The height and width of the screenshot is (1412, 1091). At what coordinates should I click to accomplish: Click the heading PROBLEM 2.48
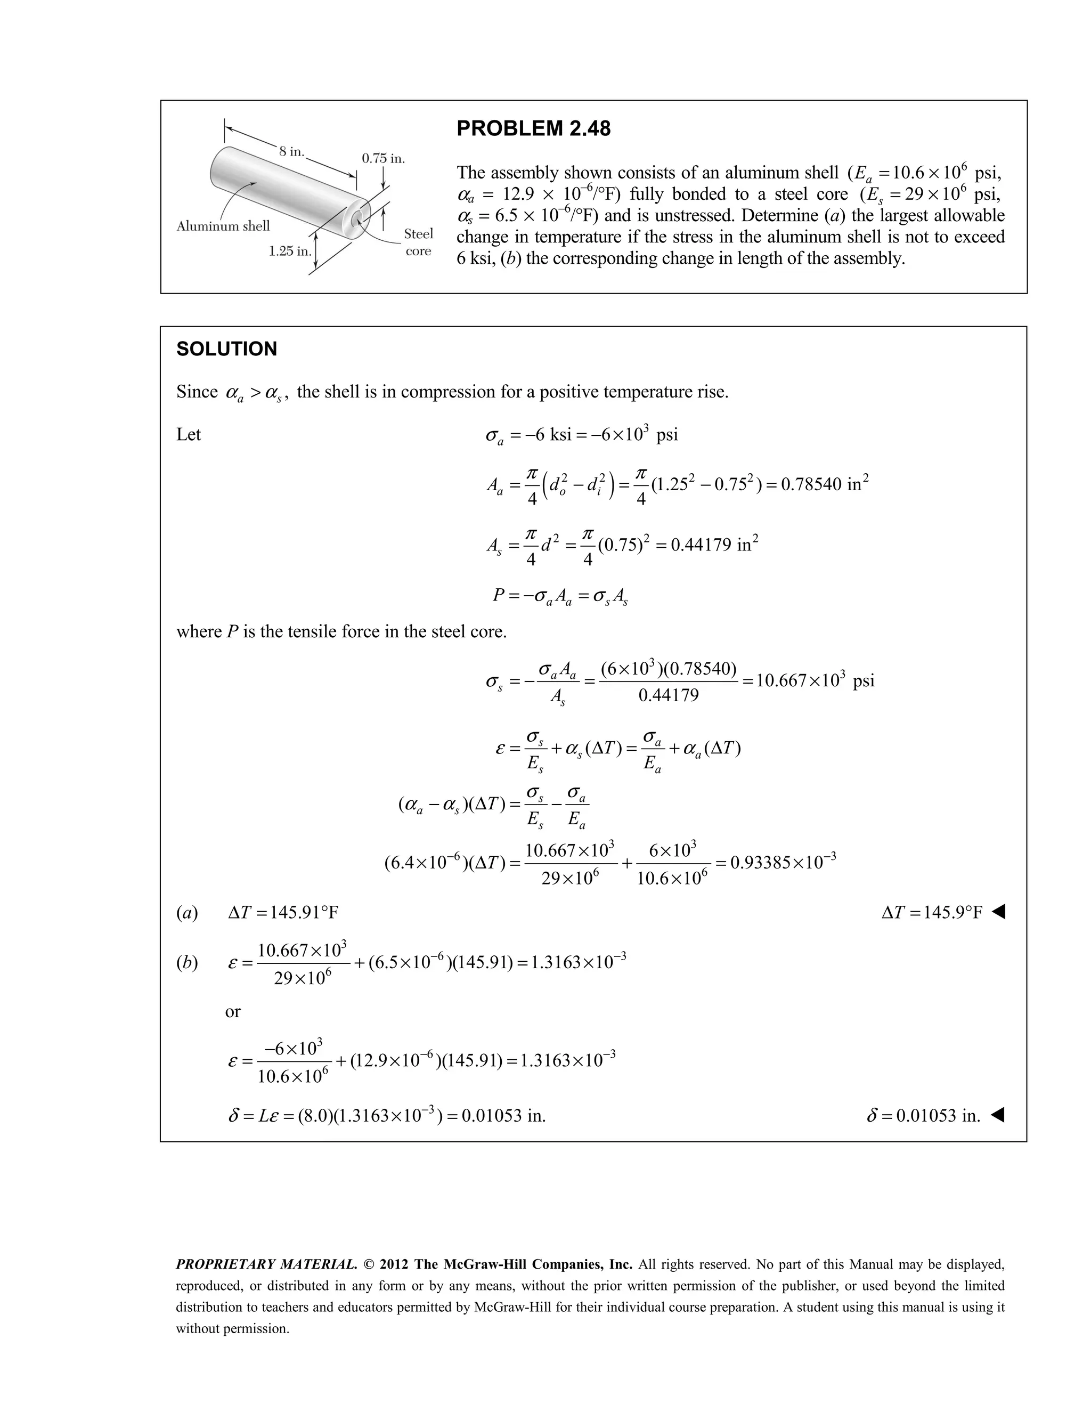pyautogui.click(x=533, y=128)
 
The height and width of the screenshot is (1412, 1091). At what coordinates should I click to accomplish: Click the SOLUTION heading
pyautogui.click(x=226, y=349)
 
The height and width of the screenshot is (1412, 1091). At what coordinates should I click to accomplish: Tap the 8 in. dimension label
pyautogui.click(x=291, y=152)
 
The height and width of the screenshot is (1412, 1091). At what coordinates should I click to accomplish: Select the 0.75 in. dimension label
pyautogui.click(x=383, y=158)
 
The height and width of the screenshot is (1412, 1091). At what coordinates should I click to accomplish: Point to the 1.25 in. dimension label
pyautogui.click(x=290, y=251)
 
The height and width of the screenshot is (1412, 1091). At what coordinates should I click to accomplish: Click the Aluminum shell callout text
pyautogui.click(x=223, y=226)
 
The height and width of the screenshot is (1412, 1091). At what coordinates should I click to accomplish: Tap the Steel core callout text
pyautogui.click(x=418, y=242)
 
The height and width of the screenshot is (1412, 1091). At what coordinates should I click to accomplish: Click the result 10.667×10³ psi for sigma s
pyautogui.click(x=815, y=681)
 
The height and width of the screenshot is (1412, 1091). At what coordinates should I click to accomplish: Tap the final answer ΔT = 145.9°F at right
pyautogui.click(x=932, y=912)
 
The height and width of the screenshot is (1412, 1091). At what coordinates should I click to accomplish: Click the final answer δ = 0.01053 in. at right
pyautogui.click(x=924, y=1115)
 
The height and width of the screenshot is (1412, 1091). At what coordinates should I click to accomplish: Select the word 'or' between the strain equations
pyautogui.click(x=233, y=1012)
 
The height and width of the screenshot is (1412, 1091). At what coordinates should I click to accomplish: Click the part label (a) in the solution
pyautogui.click(x=188, y=913)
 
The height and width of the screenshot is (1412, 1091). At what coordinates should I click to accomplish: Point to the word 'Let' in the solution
pyautogui.click(x=188, y=434)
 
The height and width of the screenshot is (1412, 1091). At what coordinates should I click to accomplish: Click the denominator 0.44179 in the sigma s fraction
pyautogui.click(x=669, y=696)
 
